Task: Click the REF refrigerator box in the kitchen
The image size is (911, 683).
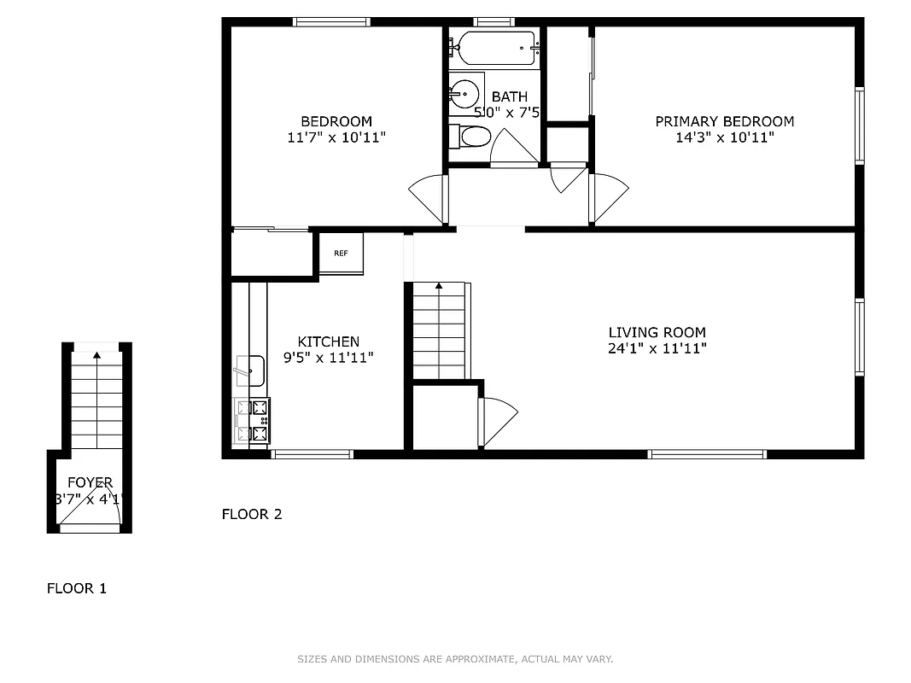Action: pos(342,254)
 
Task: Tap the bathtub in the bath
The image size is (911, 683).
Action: pos(495,48)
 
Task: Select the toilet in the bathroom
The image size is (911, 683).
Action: pos(471,136)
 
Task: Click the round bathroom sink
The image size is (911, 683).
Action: pos(464,91)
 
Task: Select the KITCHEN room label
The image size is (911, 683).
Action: pos(328,341)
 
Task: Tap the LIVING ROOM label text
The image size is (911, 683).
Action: pos(657,332)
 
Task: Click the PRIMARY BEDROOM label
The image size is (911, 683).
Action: pos(724,121)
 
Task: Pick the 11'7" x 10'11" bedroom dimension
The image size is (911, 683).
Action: pos(336,137)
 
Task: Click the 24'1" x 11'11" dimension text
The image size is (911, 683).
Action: pos(657,348)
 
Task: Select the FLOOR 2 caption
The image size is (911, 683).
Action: pos(251,514)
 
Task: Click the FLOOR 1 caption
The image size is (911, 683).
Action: pos(76,588)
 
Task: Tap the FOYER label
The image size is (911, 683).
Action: pos(90,483)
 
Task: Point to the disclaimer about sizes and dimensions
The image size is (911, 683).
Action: pos(455,659)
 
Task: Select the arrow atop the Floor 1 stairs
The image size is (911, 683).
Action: pos(96,353)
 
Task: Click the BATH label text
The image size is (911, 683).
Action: pos(509,97)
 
